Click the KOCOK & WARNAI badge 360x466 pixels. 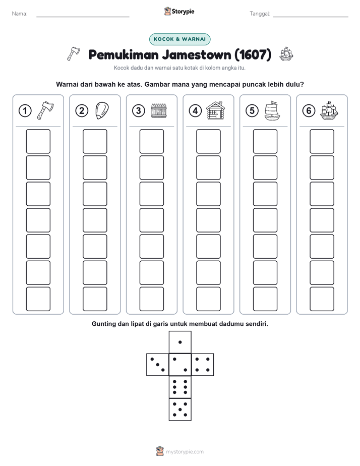tap(179, 39)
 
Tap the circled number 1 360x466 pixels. tap(25, 111)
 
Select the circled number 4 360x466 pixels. tap(195, 111)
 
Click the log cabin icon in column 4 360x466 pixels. tap(216, 110)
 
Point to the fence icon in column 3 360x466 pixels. tap(159, 110)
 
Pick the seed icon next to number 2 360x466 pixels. tap(102, 110)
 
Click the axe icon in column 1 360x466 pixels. tap(45, 110)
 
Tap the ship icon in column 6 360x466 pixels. tap(329, 110)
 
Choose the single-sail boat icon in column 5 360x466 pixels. tap(272, 110)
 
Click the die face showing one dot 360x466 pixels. tap(180, 342)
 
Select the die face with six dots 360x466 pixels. tap(180, 387)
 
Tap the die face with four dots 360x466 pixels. tap(203, 365)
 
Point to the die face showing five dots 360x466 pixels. tap(180, 410)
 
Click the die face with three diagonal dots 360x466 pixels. tap(158, 365)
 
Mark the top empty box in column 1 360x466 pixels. tap(38, 141)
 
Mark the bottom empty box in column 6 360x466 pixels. tap(322, 299)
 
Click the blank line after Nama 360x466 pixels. tap(83, 17)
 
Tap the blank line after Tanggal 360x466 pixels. tap(311, 17)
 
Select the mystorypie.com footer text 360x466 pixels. tap(185, 452)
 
